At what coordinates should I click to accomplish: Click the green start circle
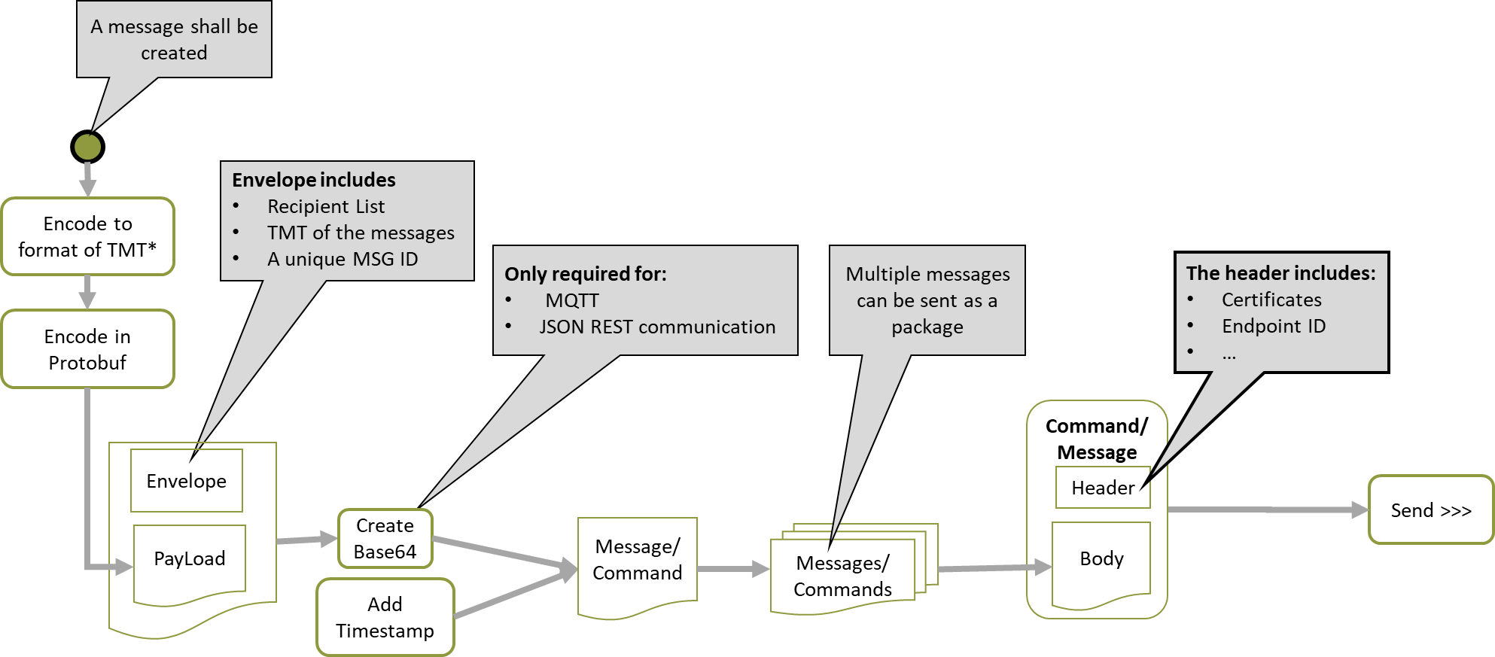87,147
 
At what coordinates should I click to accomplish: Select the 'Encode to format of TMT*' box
88,236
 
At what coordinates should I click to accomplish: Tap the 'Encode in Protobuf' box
88,349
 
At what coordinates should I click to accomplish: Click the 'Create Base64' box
385,538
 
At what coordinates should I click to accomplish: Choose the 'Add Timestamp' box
385,617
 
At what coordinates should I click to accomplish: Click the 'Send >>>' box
1430,510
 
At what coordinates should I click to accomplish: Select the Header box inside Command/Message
1103,488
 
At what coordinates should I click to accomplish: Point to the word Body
1101,558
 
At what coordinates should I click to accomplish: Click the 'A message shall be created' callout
174,39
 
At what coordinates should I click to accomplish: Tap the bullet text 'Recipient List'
326,206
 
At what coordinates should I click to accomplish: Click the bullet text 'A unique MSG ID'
343,259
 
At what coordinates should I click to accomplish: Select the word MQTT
572,300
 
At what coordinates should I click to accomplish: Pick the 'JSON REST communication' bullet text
657,327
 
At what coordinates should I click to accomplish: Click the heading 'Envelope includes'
313,180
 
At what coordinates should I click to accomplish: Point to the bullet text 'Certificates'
1271,300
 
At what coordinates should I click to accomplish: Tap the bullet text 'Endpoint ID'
1274,326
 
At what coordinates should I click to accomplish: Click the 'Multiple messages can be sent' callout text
927,300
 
